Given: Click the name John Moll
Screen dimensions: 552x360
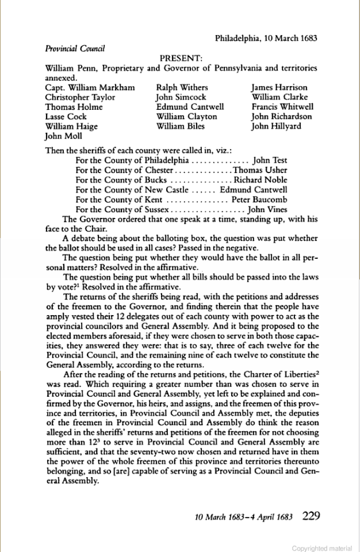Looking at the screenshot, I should pyautogui.click(x=63, y=136).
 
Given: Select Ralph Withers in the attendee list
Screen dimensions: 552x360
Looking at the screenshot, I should pyautogui.click(x=182, y=88).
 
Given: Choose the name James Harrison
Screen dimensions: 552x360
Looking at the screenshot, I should pyautogui.click(x=279, y=88).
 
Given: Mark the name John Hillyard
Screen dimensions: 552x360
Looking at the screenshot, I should pyautogui.click(x=277, y=126).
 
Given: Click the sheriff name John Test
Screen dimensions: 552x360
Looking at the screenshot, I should pyautogui.click(x=270, y=160).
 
